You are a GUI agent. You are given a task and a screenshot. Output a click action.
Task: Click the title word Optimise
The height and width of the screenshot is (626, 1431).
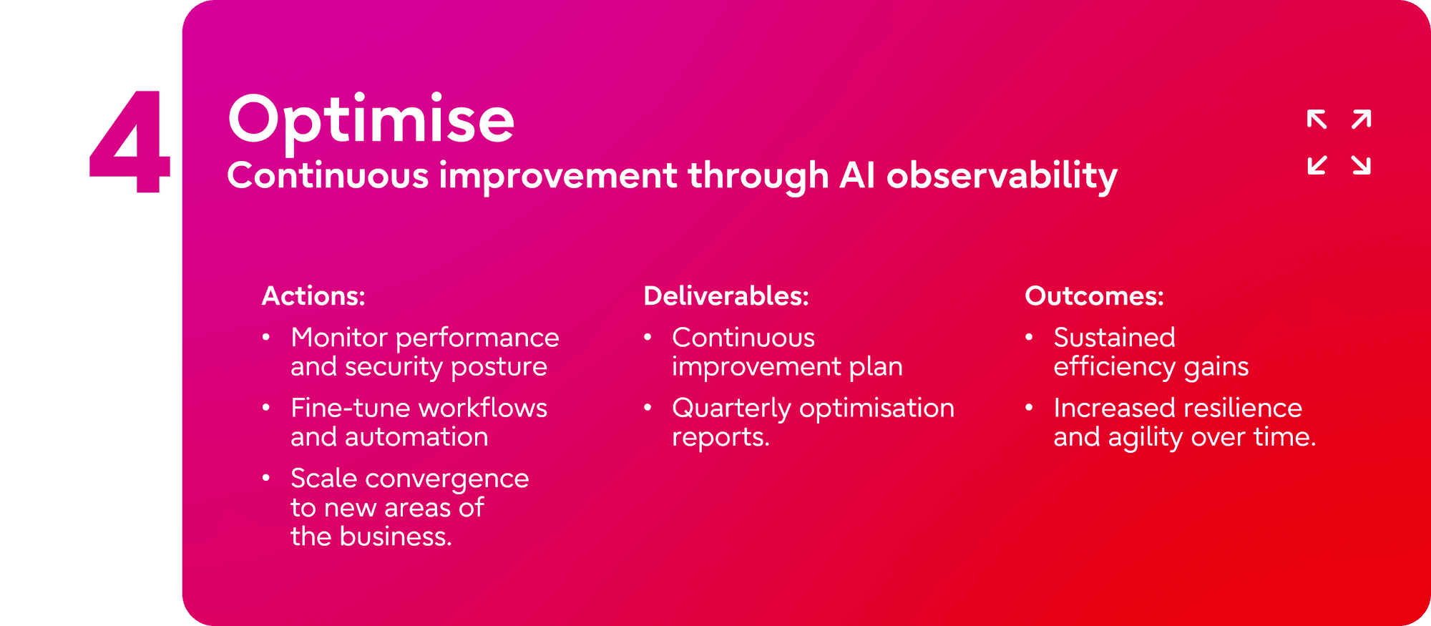coord(371,122)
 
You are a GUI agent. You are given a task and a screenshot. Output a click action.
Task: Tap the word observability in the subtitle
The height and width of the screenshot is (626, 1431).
coord(1002,177)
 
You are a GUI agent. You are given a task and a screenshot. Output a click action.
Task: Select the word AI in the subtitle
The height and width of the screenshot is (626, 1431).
coord(857,175)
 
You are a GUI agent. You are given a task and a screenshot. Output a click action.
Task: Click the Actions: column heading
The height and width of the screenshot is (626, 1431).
coord(313,296)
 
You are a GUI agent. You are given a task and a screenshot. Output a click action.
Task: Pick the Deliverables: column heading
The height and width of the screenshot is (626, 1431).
coord(726,296)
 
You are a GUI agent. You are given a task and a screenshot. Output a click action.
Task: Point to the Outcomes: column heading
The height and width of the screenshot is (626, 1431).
coord(1094,296)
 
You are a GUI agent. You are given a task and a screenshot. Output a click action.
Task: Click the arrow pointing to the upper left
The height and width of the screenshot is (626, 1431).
coord(1317,119)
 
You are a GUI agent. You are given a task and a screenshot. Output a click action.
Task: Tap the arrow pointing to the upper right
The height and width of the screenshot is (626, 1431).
coord(1362,119)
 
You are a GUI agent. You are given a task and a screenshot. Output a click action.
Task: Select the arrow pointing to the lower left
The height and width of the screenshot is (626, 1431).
coord(1317,165)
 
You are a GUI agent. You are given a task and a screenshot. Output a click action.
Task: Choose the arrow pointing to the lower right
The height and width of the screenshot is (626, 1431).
coord(1362,165)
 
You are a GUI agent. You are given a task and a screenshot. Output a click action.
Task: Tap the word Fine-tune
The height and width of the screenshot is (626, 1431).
coord(349,408)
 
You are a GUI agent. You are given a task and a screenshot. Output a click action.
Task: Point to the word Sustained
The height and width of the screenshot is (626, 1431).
coord(1114,338)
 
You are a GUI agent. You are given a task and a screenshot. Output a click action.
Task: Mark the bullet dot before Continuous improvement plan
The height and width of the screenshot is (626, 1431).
coord(648,337)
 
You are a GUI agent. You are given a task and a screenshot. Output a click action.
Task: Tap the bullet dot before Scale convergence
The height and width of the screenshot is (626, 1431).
coord(266,478)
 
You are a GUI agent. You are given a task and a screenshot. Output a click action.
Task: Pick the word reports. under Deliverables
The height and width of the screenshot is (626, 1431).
coord(721,438)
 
